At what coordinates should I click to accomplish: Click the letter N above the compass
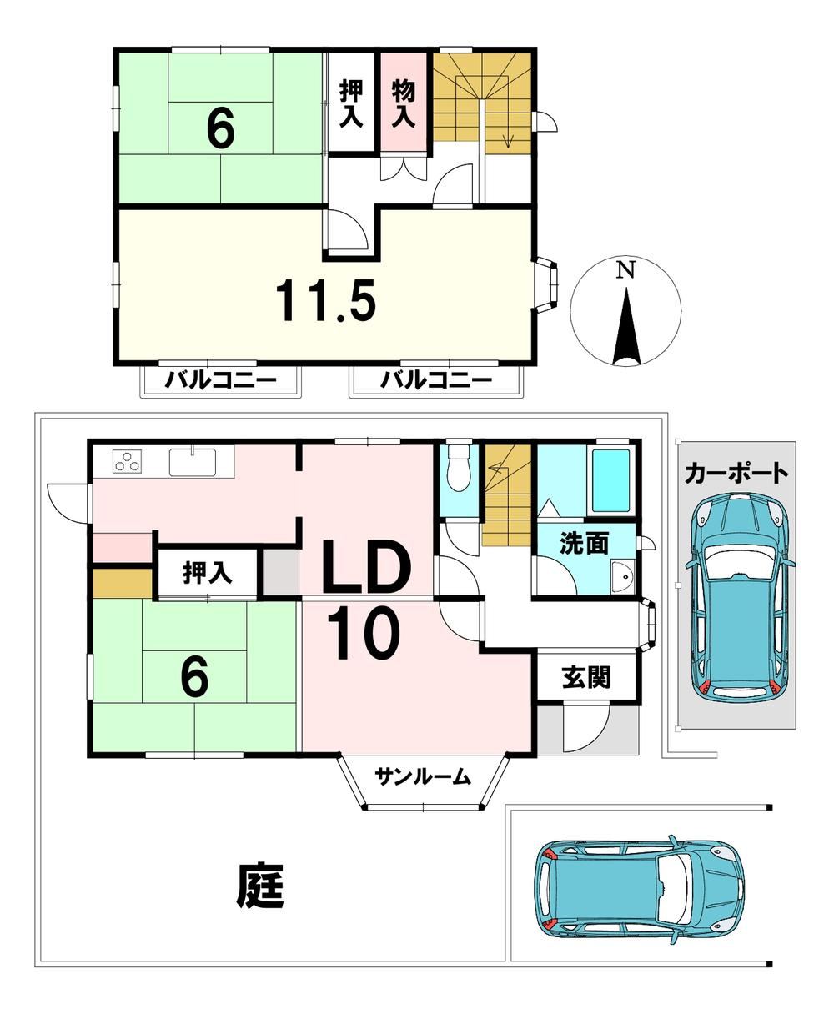click(625, 270)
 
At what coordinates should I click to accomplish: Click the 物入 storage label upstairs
click(403, 104)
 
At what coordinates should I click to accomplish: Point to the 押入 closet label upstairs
click(351, 104)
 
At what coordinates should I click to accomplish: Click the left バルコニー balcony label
click(221, 380)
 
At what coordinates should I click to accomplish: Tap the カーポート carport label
click(736, 474)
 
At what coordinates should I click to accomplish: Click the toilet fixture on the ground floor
click(458, 467)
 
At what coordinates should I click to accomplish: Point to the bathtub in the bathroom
click(610, 480)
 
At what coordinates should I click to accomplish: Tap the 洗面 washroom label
click(584, 544)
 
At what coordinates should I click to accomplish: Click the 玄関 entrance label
click(586, 677)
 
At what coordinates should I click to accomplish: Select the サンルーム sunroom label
click(423, 776)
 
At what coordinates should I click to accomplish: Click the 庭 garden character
click(261, 886)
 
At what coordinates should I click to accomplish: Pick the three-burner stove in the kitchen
click(128, 461)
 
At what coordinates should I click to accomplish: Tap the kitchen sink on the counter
click(193, 460)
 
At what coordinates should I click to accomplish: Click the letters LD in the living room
click(367, 567)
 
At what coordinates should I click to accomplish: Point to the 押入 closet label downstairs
click(208, 573)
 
